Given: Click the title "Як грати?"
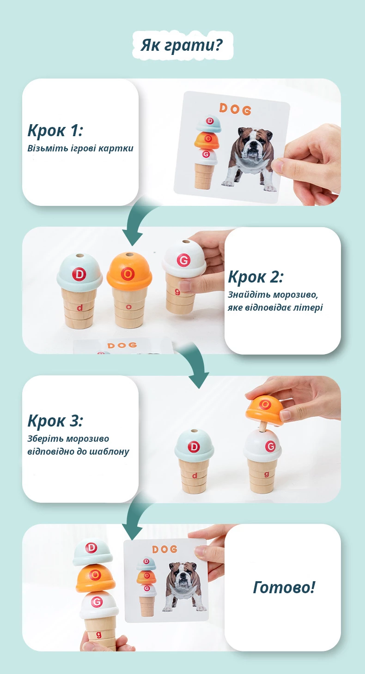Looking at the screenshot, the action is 182,45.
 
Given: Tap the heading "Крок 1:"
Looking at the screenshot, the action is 55,131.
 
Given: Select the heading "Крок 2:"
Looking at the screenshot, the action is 255,277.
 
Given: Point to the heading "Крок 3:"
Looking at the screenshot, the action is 55,421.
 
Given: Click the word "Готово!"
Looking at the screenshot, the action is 284,587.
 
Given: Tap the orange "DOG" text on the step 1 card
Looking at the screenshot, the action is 235,109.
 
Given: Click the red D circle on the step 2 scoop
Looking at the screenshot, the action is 79,274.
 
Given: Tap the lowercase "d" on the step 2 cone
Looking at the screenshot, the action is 80,307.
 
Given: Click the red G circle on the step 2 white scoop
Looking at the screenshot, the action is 183,260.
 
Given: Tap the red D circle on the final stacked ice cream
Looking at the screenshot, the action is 91,548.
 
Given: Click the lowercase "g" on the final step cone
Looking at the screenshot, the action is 98,634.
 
